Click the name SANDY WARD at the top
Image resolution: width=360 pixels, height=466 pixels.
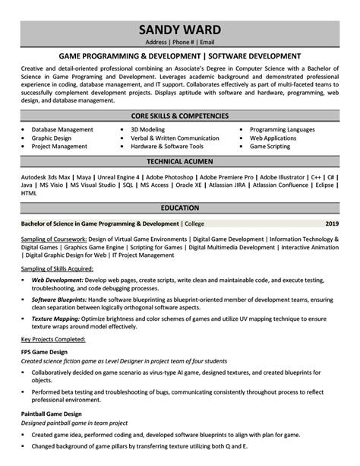(x=180, y=30)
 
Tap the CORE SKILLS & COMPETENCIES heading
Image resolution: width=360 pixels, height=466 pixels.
(x=180, y=116)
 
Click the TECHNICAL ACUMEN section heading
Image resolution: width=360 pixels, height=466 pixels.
(x=180, y=163)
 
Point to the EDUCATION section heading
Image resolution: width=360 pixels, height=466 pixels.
(x=180, y=208)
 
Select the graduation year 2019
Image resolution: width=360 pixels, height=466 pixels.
(x=332, y=225)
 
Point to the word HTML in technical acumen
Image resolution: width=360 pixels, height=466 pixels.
(x=29, y=194)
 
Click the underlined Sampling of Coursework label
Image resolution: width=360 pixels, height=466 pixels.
(x=53, y=238)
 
